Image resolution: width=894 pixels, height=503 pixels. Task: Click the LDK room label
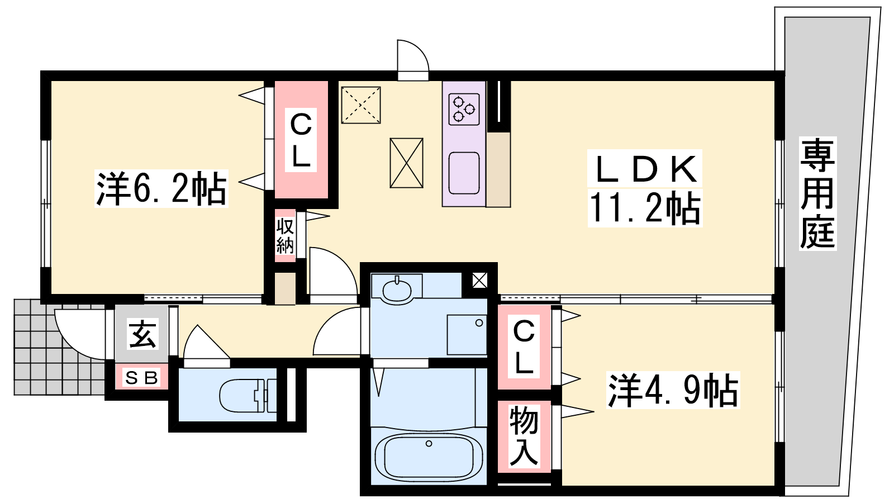[645, 170]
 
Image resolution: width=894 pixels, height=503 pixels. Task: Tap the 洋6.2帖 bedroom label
[161, 188]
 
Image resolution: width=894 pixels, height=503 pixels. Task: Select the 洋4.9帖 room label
[673, 390]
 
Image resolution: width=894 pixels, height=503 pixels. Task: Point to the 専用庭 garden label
[817, 193]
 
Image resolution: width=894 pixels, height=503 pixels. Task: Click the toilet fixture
[248, 396]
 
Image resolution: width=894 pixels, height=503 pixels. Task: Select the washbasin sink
[396, 291]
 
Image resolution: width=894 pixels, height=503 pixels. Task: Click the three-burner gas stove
[464, 109]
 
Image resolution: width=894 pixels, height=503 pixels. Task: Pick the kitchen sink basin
[464, 173]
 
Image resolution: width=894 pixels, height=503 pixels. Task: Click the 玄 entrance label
[142, 334]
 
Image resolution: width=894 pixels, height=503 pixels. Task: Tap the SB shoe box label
[142, 378]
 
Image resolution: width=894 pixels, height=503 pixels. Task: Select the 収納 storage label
[285, 236]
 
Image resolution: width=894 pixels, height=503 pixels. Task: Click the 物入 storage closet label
[524, 435]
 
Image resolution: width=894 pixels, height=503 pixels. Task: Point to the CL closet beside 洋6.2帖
[301, 140]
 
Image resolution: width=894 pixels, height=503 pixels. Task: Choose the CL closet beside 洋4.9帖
[524, 347]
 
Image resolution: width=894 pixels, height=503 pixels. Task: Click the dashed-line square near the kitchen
[361, 105]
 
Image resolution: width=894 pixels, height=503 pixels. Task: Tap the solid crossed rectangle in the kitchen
[406, 163]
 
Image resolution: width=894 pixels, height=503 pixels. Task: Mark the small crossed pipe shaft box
[479, 280]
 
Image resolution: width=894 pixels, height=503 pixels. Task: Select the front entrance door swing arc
[68, 343]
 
